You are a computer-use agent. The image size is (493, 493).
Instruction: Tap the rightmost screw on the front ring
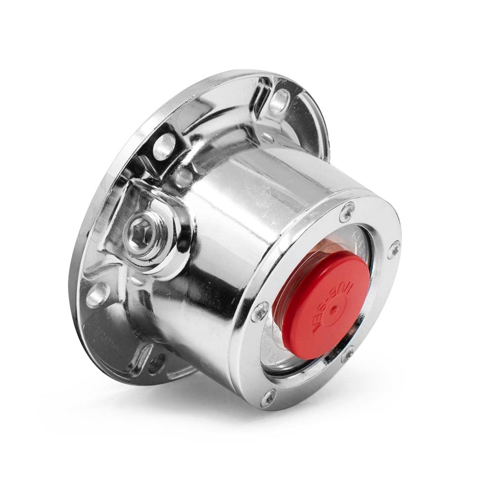click(393, 249)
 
